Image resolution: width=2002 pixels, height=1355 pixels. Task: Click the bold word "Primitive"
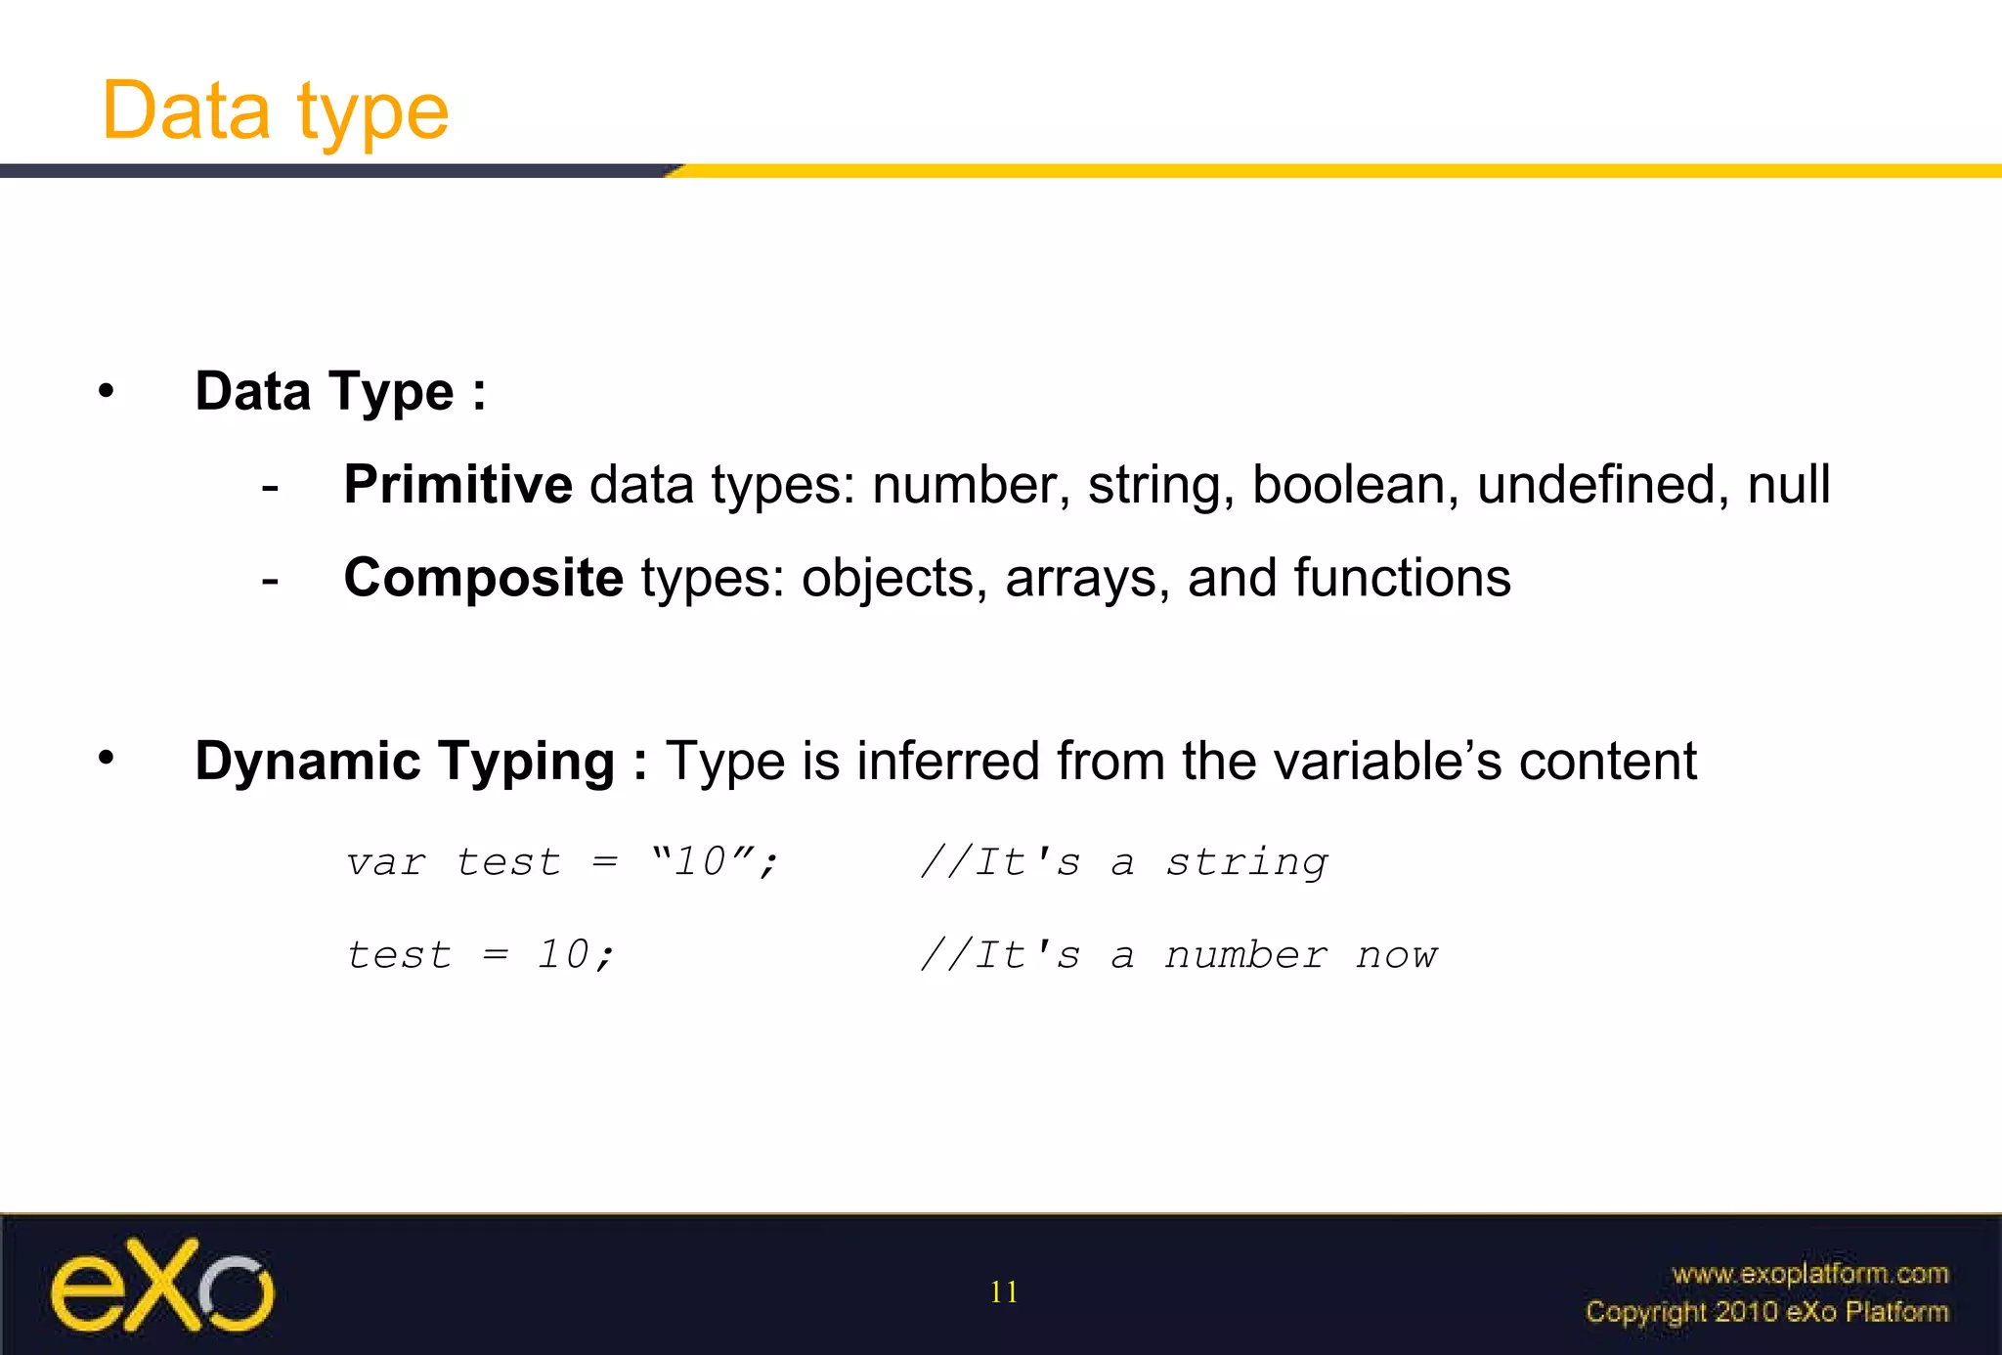457,485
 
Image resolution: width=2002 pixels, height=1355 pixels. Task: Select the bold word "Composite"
483,578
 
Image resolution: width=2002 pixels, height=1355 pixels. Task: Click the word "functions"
1402,578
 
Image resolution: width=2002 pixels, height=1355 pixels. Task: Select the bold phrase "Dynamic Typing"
404,762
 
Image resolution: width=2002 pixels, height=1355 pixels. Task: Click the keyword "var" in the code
386,863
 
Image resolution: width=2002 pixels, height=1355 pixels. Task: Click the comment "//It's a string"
1123,863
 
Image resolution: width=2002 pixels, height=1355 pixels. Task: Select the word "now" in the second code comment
1397,956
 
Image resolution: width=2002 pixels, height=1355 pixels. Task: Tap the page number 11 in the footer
1004,1292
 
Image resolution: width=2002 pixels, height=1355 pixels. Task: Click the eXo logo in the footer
162,1286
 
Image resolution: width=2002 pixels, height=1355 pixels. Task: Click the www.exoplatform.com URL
1809,1274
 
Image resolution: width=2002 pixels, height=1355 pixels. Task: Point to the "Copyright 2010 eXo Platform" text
1766,1312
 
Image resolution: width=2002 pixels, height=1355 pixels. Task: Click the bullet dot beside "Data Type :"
107,392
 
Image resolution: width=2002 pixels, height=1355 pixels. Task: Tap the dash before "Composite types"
270,580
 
